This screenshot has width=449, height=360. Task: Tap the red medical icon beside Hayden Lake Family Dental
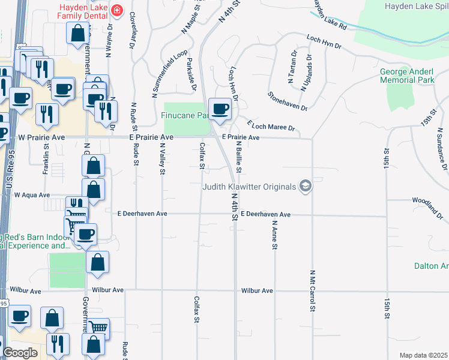[116, 10]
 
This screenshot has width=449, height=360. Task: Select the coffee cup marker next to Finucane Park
[220, 109]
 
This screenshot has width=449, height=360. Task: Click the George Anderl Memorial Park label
[406, 75]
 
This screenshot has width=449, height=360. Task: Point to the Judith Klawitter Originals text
[249, 187]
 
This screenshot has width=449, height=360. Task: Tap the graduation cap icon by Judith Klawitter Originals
[306, 187]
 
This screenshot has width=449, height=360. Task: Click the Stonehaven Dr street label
[288, 101]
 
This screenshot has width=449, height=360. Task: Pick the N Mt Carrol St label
[312, 291]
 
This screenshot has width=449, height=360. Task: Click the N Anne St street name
[274, 235]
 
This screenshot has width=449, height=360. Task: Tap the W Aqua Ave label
[32, 195]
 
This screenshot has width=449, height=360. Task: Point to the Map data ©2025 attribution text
[423, 355]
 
